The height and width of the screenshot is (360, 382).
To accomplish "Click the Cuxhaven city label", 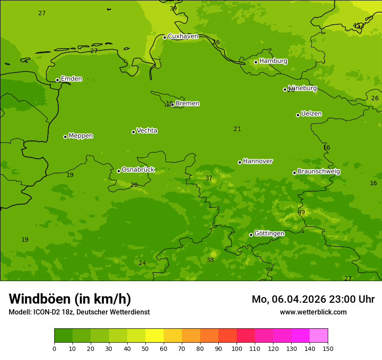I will (183, 36).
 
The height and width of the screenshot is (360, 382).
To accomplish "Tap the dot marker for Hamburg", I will (256, 62).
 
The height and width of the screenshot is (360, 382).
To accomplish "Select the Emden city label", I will (71, 79).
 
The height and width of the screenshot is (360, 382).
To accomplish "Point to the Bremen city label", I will (187, 104).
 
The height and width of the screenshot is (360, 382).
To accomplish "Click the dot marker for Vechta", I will (133, 132).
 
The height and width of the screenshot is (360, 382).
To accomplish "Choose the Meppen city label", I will (81, 136).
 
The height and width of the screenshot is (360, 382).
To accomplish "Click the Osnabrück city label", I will (138, 170).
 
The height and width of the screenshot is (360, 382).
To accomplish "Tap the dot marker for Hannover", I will (240, 162).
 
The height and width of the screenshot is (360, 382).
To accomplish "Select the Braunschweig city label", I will (319, 172).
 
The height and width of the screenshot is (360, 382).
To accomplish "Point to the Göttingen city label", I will (269, 234).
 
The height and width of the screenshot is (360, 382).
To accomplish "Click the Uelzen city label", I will (311, 114).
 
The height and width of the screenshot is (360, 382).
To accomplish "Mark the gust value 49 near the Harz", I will (301, 213).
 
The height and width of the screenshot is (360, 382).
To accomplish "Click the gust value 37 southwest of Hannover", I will (209, 178).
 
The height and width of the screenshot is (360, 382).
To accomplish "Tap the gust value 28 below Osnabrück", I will (134, 185).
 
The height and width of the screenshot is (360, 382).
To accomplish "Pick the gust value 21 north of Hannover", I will (237, 129).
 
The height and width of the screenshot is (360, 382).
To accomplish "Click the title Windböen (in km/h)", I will (70, 299).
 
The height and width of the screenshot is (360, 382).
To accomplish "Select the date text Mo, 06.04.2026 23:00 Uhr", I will (313, 299).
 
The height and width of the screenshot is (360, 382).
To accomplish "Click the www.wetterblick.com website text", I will (313, 312).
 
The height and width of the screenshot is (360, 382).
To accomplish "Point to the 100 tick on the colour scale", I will (237, 348).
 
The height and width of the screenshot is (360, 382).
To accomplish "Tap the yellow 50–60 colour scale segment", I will (155, 336).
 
